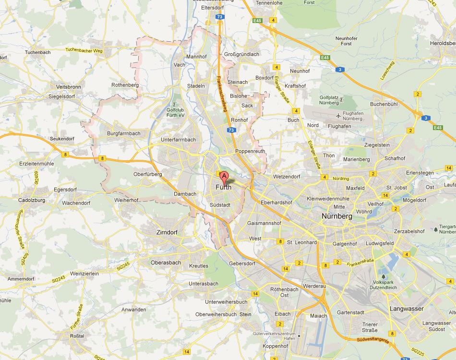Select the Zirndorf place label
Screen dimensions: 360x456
[x=167, y=232]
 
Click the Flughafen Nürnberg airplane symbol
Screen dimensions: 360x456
[x=339, y=115]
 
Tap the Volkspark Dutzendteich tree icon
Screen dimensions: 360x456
[x=384, y=276]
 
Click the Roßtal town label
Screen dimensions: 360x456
[x=76, y=336]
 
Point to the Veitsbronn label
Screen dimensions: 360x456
[x=69, y=87]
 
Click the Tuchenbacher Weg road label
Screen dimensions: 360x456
[x=84, y=50]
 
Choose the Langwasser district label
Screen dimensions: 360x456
[x=407, y=309]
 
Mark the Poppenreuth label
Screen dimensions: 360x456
[x=250, y=151]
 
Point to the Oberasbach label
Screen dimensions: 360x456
[x=166, y=263]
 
